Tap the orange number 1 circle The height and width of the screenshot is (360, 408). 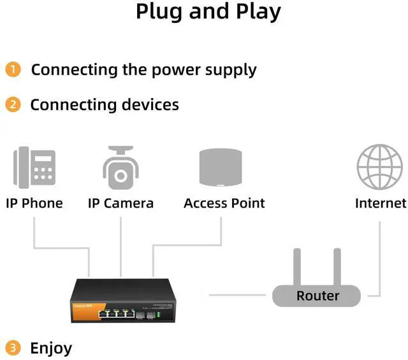click(x=13, y=69)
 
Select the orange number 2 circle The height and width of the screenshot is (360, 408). click(x=13, y=104)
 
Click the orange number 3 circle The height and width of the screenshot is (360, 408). click(x=13, y=348)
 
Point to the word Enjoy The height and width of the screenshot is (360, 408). click(x=51, y=349)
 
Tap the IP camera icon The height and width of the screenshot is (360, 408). click(x=120, y=168)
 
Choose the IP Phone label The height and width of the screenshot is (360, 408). click(x=34, y=203)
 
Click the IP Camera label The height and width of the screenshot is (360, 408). click(x=120, y=203)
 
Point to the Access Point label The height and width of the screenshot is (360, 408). click(x=224, y=203)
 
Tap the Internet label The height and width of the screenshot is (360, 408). click(x=381, y=203)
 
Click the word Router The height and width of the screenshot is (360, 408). click(x=317, y=296)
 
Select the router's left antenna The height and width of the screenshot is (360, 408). click(x=296, y=267)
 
